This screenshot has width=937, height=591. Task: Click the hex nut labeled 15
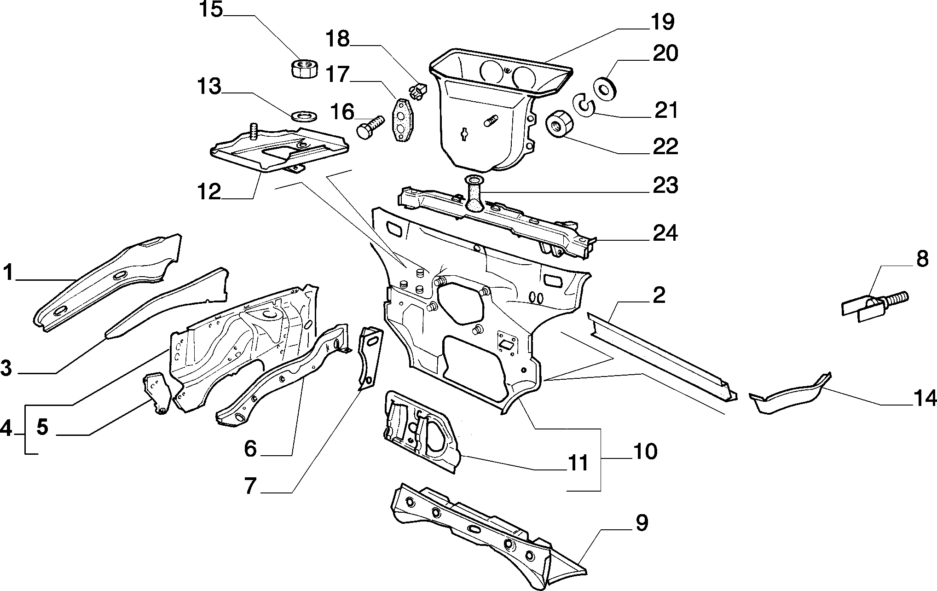[304, 70]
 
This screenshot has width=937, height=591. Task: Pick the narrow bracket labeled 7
[370, 358]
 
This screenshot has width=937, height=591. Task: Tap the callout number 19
[663, 23]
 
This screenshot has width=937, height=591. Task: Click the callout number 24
[665, 233]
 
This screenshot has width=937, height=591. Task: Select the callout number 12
[209, 190]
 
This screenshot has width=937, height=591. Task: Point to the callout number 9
[641, 523]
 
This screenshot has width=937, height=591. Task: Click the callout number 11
[577, 463]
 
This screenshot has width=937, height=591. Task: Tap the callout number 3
[6, 368]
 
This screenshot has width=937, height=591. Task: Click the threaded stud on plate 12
[252, 131]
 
